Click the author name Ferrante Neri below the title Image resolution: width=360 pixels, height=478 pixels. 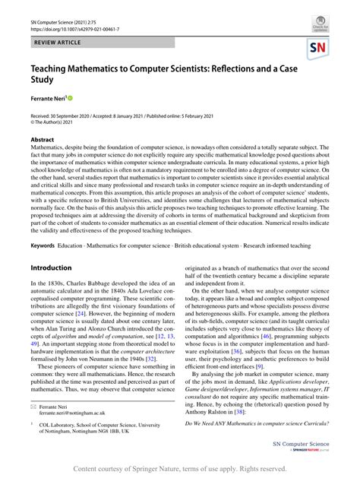(52, 99)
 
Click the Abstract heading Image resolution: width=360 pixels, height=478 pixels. (43, 140)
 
